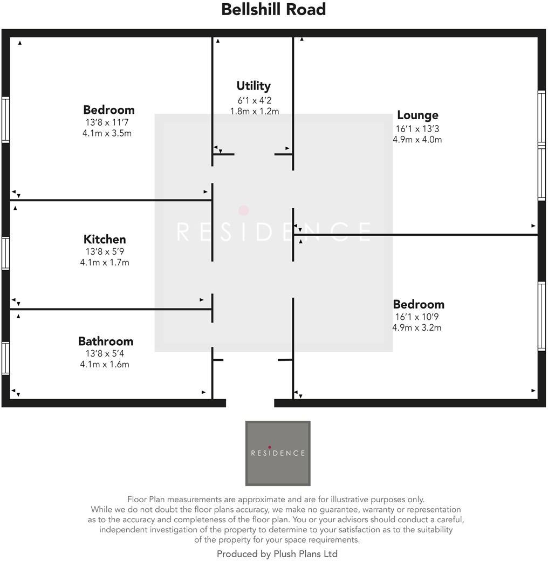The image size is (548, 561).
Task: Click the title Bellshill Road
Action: [x=273, y=10]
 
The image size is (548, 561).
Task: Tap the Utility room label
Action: [x=254, y=86]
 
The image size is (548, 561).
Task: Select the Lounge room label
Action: [x=417, y=115]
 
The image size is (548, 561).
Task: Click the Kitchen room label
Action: [x=105, y=239]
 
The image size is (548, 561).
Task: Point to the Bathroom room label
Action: [x=106, y=341]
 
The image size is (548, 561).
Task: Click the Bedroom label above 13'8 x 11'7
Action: [x=108, y=110]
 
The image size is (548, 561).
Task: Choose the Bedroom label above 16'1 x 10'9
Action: [x=419, y=304]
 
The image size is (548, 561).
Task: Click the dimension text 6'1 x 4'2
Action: [x=254, y=100]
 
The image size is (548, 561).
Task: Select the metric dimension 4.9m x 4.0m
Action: [x=417, y=140]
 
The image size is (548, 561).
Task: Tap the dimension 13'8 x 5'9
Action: [x=105, y=251]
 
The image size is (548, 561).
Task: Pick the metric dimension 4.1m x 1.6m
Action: [x=105, y=364]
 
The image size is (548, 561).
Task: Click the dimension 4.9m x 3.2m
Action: [x=417, y=327]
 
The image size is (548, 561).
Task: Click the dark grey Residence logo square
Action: [x=278, y=453]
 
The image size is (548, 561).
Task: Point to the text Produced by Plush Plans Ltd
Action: [x=277, y=553]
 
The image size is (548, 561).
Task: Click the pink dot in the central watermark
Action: [x=244, y=210]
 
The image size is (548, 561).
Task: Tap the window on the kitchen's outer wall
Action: [x=5, y=253]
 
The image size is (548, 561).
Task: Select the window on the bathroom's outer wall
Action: [x=5, y=358]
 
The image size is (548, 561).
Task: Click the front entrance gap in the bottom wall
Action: [x=250, y=403]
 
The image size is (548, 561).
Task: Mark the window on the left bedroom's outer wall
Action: [x=5, y=119]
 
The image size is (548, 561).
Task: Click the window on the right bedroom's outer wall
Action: [x=542, y=316]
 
